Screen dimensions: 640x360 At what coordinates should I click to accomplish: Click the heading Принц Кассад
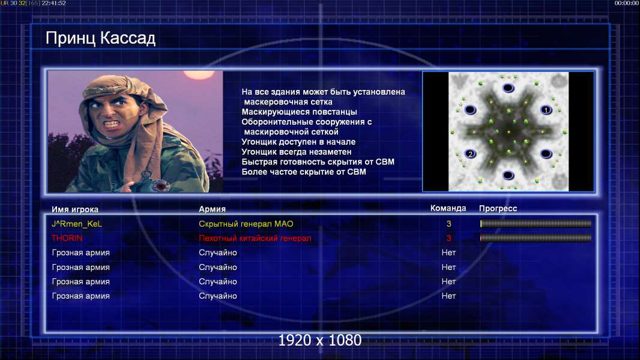(x=100, y=38)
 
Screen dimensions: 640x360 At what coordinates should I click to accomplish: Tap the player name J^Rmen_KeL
(x=77, y=224)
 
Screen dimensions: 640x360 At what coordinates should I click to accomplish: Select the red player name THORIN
(x=67, y=238)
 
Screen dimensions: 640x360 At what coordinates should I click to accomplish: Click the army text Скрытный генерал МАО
(x=246, y=224)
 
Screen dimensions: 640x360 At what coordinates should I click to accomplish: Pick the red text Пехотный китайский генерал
(x=255, y=238)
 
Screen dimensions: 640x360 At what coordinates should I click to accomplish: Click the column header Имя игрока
(x=74, y=209)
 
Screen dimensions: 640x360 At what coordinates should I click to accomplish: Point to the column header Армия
(x=212, y=209)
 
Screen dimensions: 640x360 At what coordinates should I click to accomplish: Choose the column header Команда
(x=448, y=208)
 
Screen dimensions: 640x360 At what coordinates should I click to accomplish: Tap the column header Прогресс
(x=498, y=208)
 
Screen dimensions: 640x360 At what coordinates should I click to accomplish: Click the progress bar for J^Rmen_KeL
(x=536, y=223)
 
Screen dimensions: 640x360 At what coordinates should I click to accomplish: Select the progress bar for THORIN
(x=536, y=238)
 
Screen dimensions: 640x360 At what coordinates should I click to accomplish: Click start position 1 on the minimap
(x=546, y=110)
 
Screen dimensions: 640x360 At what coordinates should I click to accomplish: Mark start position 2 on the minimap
(x=470, y=154)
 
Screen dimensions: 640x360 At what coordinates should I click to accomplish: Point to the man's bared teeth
(x=110, y=123)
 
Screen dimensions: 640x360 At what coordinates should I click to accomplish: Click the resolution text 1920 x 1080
(x=319, y=340)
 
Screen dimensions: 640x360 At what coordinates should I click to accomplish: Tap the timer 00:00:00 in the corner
(x=627, y=3)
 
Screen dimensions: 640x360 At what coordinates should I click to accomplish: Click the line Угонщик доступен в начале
(x=298, y=142)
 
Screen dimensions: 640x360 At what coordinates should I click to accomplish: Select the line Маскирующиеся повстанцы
(x=299, y=112)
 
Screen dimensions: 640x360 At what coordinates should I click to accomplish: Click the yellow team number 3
(x=448, y=223)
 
